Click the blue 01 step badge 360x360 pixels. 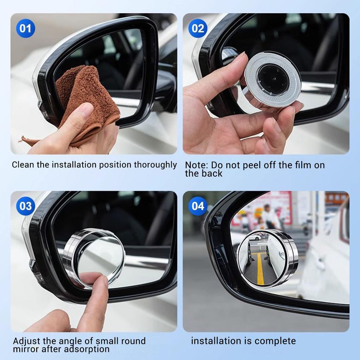click(x=25, y=28)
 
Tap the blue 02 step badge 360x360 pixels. click(x=198, y=28)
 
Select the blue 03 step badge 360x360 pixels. click(x=25, y=206)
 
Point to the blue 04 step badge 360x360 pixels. click(x=198, y=206)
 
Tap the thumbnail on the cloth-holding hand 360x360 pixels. click(x=84, y=111)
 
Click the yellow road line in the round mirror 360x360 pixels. click(x=260, y=267)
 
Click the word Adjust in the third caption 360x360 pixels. click(x=25, y=341)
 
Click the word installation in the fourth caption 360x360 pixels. click(x=216, y=341)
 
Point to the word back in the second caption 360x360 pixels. click(x=212, y=173)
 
